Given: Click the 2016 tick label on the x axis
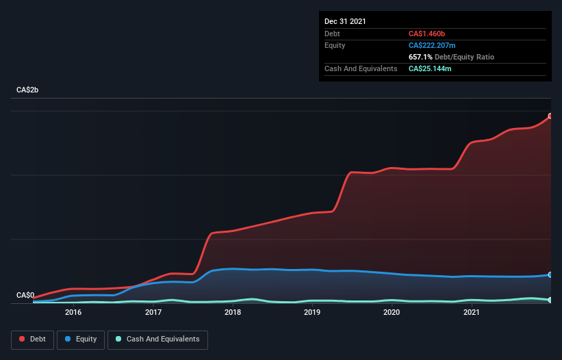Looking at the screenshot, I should (x=73, y=312).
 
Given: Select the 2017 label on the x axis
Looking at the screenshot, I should (x=153, y=312).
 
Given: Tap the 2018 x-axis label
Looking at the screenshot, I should (x=233, y=312).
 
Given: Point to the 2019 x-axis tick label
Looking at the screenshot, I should (x=312, y=312).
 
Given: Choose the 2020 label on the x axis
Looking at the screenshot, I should (x=392, y=312).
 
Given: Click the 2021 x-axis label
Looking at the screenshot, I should (x=471, y=312).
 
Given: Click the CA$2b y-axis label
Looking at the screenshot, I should (x=28, y=90).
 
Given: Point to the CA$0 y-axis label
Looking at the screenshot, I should (x=25, y=296).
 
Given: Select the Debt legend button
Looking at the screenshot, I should (x=32, y=339).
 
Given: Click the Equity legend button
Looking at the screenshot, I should (x=80, y=339).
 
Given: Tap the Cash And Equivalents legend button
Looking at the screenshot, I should (x=157, y=339).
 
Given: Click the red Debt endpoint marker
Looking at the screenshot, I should (x=550, y=116).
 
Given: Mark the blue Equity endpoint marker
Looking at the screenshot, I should (x=550, y=274).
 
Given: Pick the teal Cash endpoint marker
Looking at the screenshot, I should (x=550, y=300).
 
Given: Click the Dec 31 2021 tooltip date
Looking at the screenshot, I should (x=345, y=21).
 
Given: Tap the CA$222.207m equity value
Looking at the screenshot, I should (x=435, y=45).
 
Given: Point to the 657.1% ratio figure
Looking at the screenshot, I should (x=422, y=57).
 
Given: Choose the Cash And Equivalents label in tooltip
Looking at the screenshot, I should (x=361, y=69).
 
